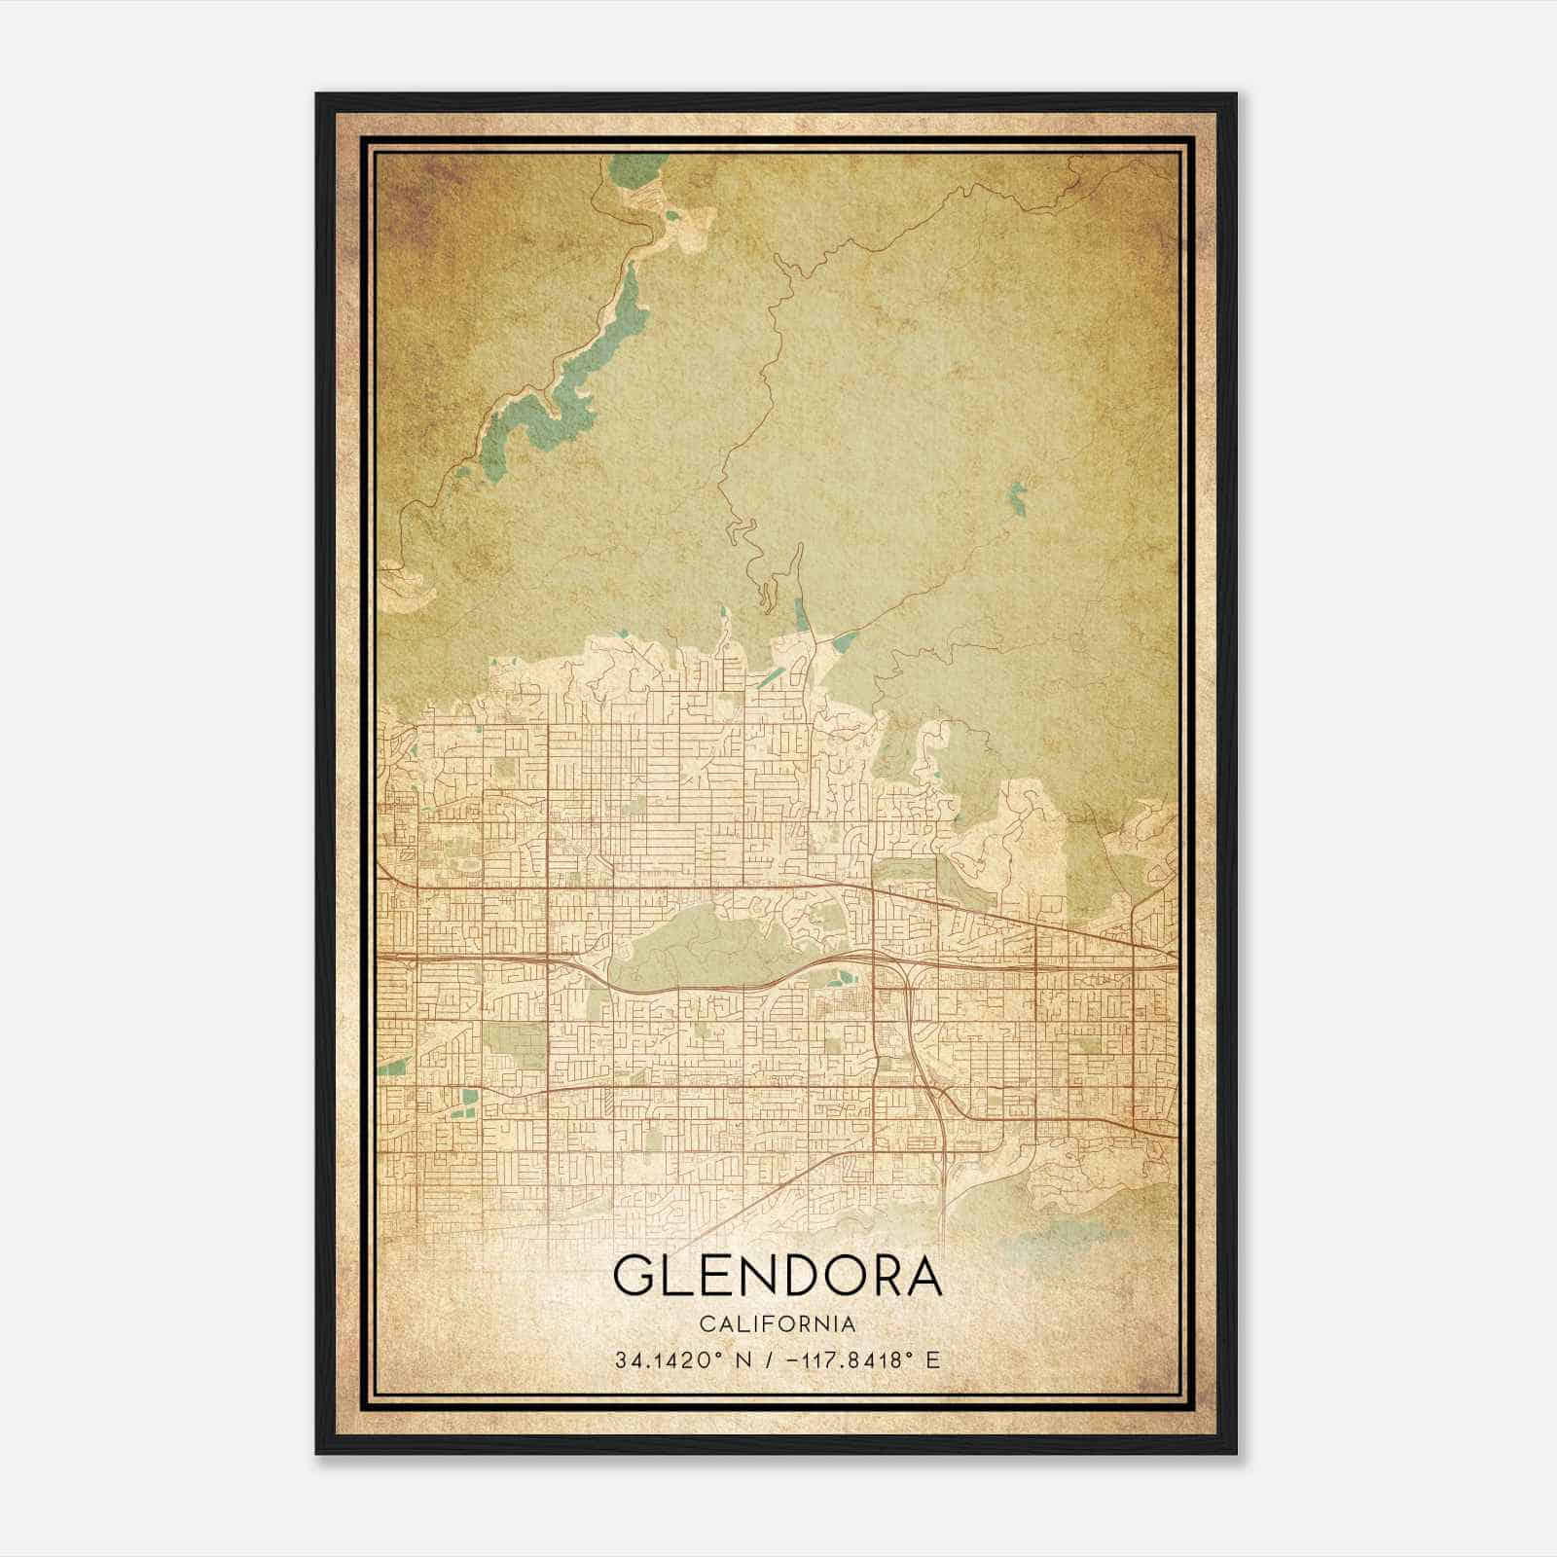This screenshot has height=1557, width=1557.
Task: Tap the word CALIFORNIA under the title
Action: coord(778,1324)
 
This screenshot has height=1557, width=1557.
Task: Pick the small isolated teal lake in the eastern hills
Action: coord(1018,497)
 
